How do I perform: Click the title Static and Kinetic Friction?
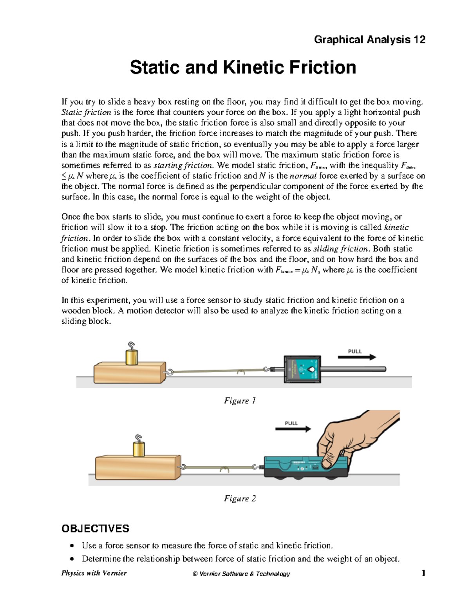click(x=243, y=67)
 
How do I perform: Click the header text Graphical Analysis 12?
click(x=369, y=40)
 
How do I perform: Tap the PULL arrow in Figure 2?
click(x=293, y=429)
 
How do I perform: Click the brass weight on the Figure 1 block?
click(x=132, y=357)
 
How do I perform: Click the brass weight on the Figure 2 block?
click(x=139, y=449)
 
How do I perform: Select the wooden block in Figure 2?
click(x=137, y=467)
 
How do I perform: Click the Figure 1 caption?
click(x=240, y=401)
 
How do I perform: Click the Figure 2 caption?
click(x=240, y=498)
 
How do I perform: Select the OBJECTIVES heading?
click(x=95, y=529)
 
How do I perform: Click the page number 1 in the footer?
click(x=423, y=573)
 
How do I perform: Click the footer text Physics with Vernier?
click(x=94, y=573)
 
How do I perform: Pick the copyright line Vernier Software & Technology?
click(x=241, y=574)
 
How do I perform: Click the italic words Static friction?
click(x=86, y=112)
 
